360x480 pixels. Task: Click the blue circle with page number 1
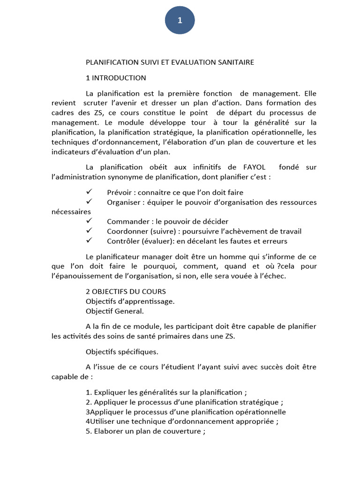click(180, 20)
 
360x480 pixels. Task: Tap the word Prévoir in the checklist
click(120, 193)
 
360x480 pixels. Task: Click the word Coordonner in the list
click(127, 231)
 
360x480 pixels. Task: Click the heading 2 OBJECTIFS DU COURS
click(126, 292)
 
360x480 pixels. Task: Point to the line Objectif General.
click(115, 311)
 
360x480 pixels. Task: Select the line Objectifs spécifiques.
click(122, 352)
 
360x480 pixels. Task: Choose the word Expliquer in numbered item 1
click(110, 392)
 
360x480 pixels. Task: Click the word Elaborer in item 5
click(108, 431)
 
